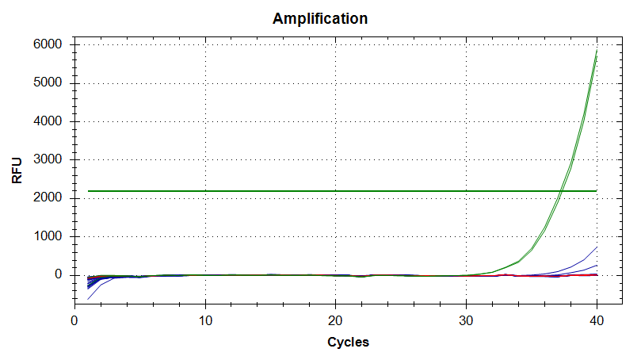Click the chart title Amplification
click(320, 18)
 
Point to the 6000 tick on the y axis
click(48, 45)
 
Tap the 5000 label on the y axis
click(48, 83)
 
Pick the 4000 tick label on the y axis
click(48, 121)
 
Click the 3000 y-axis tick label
click(48, 160)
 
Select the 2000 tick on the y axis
click(48, 198)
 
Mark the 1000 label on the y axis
click(48, 236)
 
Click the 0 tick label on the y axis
click(57, 275)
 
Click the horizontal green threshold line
click(317, 190)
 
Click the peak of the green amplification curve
click(597, 52)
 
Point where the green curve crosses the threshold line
click(561, 190)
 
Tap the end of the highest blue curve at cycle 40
click(597, 247)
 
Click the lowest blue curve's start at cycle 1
click(88, 299)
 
